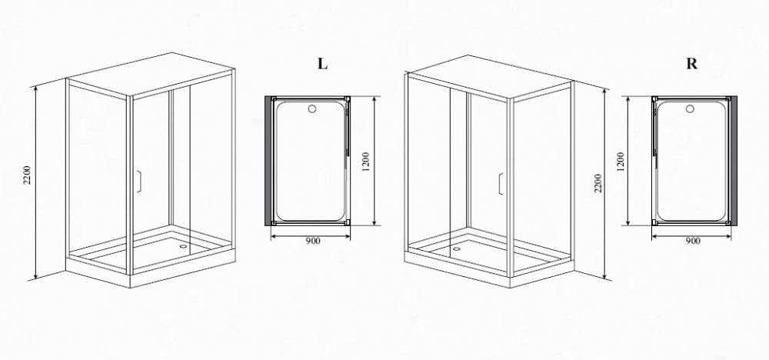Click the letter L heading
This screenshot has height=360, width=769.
pyautogui.click(x=322, y=64)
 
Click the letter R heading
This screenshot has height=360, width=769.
pyautogui.click(x=691, y=64)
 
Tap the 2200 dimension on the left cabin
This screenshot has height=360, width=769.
pyautogui.click(x=27, y=175)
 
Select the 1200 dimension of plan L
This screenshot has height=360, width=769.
pyautogui.click(x=365, y=162)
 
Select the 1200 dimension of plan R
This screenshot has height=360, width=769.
pyautogui.click(x=621, y=162)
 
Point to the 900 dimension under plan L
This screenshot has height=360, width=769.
pyautogui.click(x=313, y=241)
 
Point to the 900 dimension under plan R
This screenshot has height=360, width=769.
pyautogui.click(x=693, y=241)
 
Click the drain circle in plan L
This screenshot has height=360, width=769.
pyautogui.click(x=312, y=108)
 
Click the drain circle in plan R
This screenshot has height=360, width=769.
pyautogui.click(x=691, y=108)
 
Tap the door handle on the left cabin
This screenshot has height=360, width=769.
pyautogui.click(x=138, y=181)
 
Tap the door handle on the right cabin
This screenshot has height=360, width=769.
pyautogui.click(x=501, y=184)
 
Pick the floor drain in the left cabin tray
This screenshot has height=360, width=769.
pyautogui.click(x=184, y=247)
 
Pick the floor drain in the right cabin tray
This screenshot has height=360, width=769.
pyautogui.click(x=457, y=248)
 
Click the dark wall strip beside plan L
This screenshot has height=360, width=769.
pyautogui.click(x=268, y=161)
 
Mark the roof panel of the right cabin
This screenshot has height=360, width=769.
pyautogui.click(x=490, y=77)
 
